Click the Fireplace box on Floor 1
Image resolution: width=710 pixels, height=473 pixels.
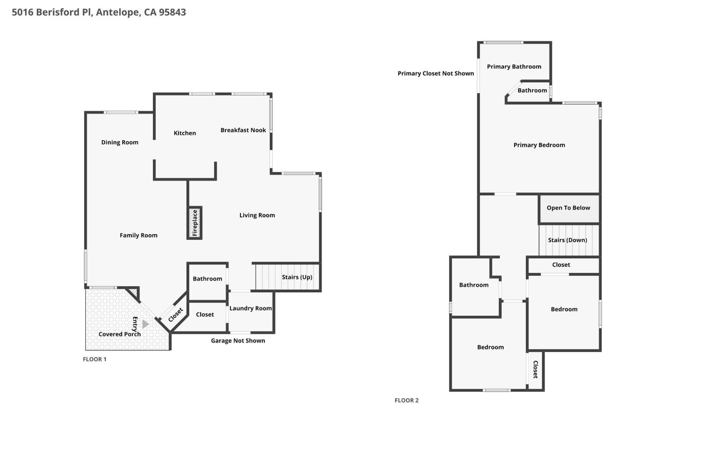(x=195, y=223)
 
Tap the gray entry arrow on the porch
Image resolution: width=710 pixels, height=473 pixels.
(x=145, y=324)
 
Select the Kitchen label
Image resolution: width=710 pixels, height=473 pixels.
(x=185, y=133)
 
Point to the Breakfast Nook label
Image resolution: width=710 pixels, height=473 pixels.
(x=243, y=130)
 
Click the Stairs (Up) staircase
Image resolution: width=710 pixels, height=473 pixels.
(x=287, y=277)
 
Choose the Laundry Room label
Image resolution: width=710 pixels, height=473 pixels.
(x=250, y=308)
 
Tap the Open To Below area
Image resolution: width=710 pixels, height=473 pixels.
(x=569, y=208)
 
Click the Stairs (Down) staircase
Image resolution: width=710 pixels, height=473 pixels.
(x=569, y=240)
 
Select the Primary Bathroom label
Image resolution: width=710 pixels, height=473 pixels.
(x=514, y=67)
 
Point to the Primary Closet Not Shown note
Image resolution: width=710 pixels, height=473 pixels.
(x=436, y=73)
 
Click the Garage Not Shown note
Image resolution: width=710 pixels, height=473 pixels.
(x=238, y=341)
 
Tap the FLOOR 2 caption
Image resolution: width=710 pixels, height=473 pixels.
(x=407, y=401)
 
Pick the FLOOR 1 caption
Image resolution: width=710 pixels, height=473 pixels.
(x=95, y=359)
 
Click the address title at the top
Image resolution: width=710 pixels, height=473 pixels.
(x=99, y=12)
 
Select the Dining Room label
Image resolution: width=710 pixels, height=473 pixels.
(x=120, y=142)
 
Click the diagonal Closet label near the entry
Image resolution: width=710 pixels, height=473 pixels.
(x=176, y=315)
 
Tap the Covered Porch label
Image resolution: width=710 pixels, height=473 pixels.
(x=119, y=334)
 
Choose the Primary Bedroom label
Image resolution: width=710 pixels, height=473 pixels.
(x=539, y=145)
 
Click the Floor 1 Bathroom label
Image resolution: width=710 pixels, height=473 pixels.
(x=207, y=279)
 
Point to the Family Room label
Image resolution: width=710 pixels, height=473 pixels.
(x=139, y=236)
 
